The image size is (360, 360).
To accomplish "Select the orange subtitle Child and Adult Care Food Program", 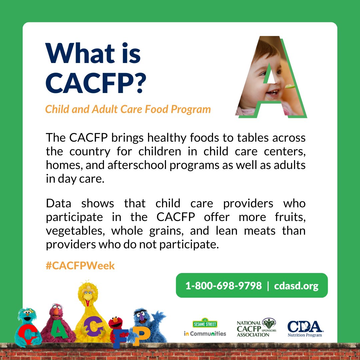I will pos(128,109).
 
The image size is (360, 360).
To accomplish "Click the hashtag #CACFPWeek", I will pos(80,266).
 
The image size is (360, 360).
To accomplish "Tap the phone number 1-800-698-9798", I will pos(223,286).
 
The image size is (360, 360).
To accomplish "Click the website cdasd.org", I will pos(296,286).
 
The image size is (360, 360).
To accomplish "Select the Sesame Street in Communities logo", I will pos(205,328).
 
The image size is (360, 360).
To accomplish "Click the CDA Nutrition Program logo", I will pos(305,328).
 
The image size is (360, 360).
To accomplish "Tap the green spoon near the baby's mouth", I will pos(290,86).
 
